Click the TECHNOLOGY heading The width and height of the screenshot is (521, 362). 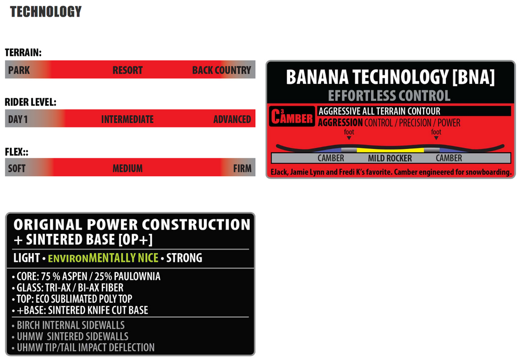click(46, 11)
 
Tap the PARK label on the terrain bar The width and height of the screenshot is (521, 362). click(19, 70)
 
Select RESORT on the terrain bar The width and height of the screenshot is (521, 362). click(128, 70)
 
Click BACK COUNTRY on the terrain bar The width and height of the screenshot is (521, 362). click(221, 70)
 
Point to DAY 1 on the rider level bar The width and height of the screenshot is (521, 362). click(18, 119)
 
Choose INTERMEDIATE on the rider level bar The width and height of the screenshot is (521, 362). click(128, 119)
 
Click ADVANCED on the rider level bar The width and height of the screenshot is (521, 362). click(232, 119)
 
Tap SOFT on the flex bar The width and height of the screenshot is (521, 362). click(17, 168)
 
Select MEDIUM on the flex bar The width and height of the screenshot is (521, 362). click(128, 168)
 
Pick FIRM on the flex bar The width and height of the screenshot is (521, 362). click(242, 168)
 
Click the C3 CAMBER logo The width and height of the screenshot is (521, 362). click(292, 116)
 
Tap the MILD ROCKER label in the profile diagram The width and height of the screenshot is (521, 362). click(390, 158)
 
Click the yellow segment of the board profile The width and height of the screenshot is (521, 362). click(390, 150)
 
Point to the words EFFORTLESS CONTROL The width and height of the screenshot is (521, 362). click(389, 96)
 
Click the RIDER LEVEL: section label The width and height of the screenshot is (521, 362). click(31, 102)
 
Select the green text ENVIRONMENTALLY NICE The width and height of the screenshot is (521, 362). click(103, 258)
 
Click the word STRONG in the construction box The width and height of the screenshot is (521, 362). click(184, 258)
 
